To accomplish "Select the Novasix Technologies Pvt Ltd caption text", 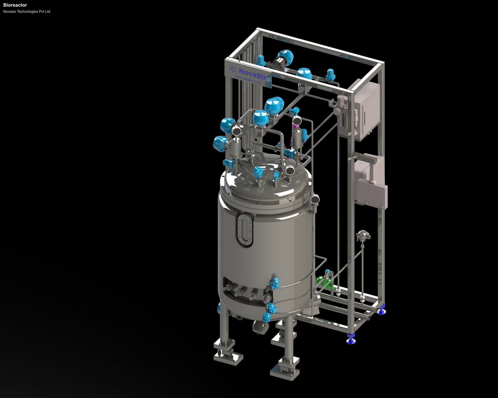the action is pyautogui.click(x=27, y=12).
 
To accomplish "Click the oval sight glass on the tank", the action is pyautogui.click(x=245, y=230).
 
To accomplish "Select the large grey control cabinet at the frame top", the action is pyautogui.click(x=365, y=111).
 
